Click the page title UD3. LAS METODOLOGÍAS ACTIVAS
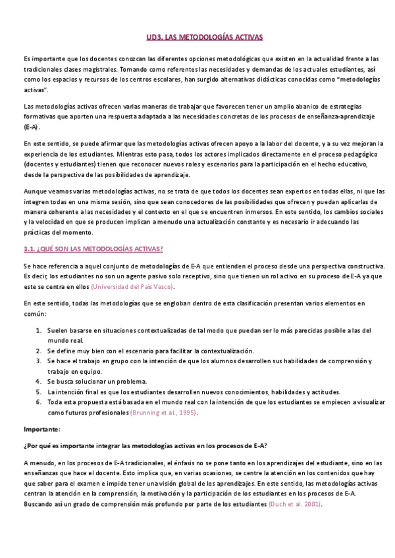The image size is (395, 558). point(197,39)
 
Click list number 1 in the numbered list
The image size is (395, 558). point(39,330)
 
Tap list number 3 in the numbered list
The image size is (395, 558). point(39,361)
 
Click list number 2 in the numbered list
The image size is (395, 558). point(39,351)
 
